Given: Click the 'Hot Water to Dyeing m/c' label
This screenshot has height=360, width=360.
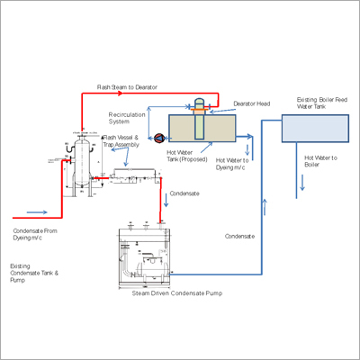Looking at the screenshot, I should tap(230, 165).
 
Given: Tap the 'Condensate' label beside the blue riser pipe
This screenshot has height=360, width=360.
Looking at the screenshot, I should tap(238, 236).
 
